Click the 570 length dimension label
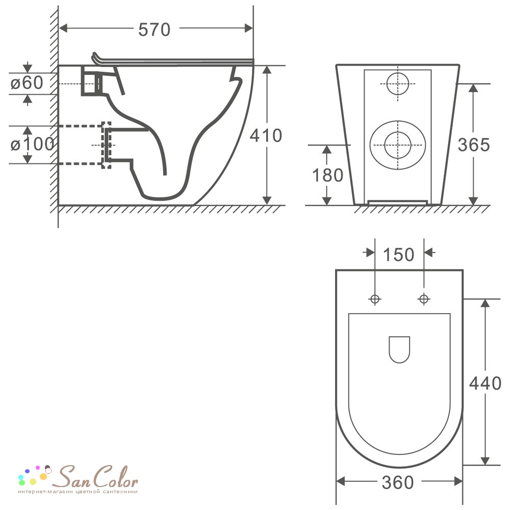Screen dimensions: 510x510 (x=154, y=30)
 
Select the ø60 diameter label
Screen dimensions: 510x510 (x=27, y=83)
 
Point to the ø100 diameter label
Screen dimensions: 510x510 (x=32, y=144)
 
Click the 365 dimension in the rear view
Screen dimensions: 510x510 (x=474, y=145)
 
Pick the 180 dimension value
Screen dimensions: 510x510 (x=327, y=175)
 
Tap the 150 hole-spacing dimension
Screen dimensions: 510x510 (x=398, y=254)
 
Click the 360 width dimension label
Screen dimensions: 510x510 (x=397, y=482)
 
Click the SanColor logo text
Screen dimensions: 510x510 (x=95, y=477)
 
